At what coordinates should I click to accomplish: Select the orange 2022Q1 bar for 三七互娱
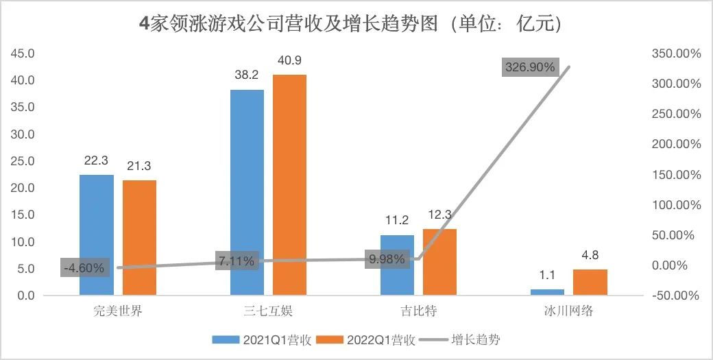(x=289, y=184)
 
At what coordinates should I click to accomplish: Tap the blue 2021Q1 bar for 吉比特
(x=397, y=265)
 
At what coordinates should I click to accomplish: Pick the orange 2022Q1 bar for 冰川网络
(x=590, y=282)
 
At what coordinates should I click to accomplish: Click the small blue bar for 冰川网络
(x=547, y=292)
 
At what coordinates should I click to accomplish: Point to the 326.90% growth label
(x=530, y=67)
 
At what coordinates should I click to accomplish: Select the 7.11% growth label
(x=237, y=261)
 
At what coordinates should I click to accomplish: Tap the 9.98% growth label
(x=387, y=260)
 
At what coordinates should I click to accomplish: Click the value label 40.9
(x=289, y=61)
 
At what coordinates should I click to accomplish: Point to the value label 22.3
(x=97, y=160)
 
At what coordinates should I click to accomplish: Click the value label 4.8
(x=590, y=255)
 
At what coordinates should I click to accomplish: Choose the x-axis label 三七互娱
(x=269, y=311)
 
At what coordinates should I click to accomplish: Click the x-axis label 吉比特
(x=418, y=311)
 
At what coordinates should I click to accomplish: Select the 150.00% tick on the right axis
(x=675, y=175)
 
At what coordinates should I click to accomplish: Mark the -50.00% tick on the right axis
(x=675, y=296)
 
